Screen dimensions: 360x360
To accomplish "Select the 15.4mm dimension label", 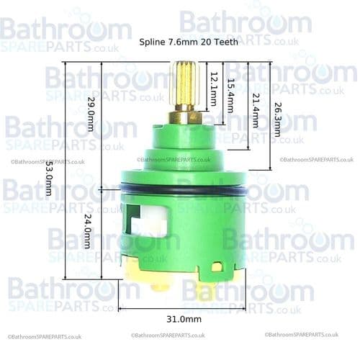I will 230,94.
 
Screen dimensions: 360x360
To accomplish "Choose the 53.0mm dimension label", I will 48,179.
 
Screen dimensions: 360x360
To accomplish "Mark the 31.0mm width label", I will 182,318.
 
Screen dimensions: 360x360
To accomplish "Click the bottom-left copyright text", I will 45,336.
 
